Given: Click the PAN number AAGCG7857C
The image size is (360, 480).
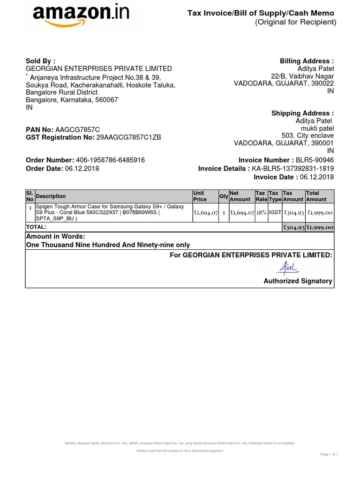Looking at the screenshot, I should coord(77,129).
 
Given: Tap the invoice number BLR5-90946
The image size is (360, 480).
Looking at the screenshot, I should coord(315,160).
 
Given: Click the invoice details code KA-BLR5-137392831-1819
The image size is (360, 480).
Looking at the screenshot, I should coord(293,169).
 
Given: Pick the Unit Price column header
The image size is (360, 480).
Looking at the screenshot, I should coord(200,196).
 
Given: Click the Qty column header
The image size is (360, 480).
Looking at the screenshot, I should coord(223,196).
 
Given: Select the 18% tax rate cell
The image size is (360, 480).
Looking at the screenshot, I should coord(261,213).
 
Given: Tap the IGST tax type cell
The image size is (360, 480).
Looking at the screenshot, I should coord(275,213).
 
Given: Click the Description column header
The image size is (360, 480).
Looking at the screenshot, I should coord(51,196).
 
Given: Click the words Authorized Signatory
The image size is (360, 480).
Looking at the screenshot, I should coord(298,281).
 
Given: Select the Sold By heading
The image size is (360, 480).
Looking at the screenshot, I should coord(40,61).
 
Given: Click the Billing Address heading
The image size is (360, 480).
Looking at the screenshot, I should coord(307,61).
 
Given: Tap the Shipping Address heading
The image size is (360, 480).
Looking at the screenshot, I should coord(303,113).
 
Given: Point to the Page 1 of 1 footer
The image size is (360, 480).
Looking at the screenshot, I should coord(329,454).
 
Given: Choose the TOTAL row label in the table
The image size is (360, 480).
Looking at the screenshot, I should coord(36,227).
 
